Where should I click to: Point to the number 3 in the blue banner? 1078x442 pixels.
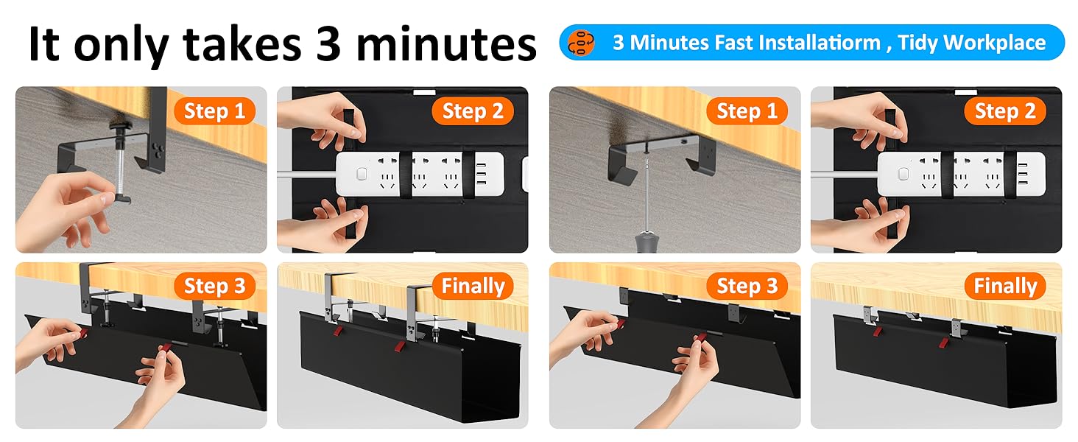point(619,43)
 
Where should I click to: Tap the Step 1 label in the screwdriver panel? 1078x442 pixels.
point(747,111)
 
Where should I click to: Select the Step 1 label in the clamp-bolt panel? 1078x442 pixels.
point(214,111)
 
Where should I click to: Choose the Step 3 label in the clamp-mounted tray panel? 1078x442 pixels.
point(214,286)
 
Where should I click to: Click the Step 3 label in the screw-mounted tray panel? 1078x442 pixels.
point(747,286)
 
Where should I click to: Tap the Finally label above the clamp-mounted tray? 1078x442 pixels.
point(473,286)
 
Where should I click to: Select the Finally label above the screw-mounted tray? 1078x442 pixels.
point(1005,286)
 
